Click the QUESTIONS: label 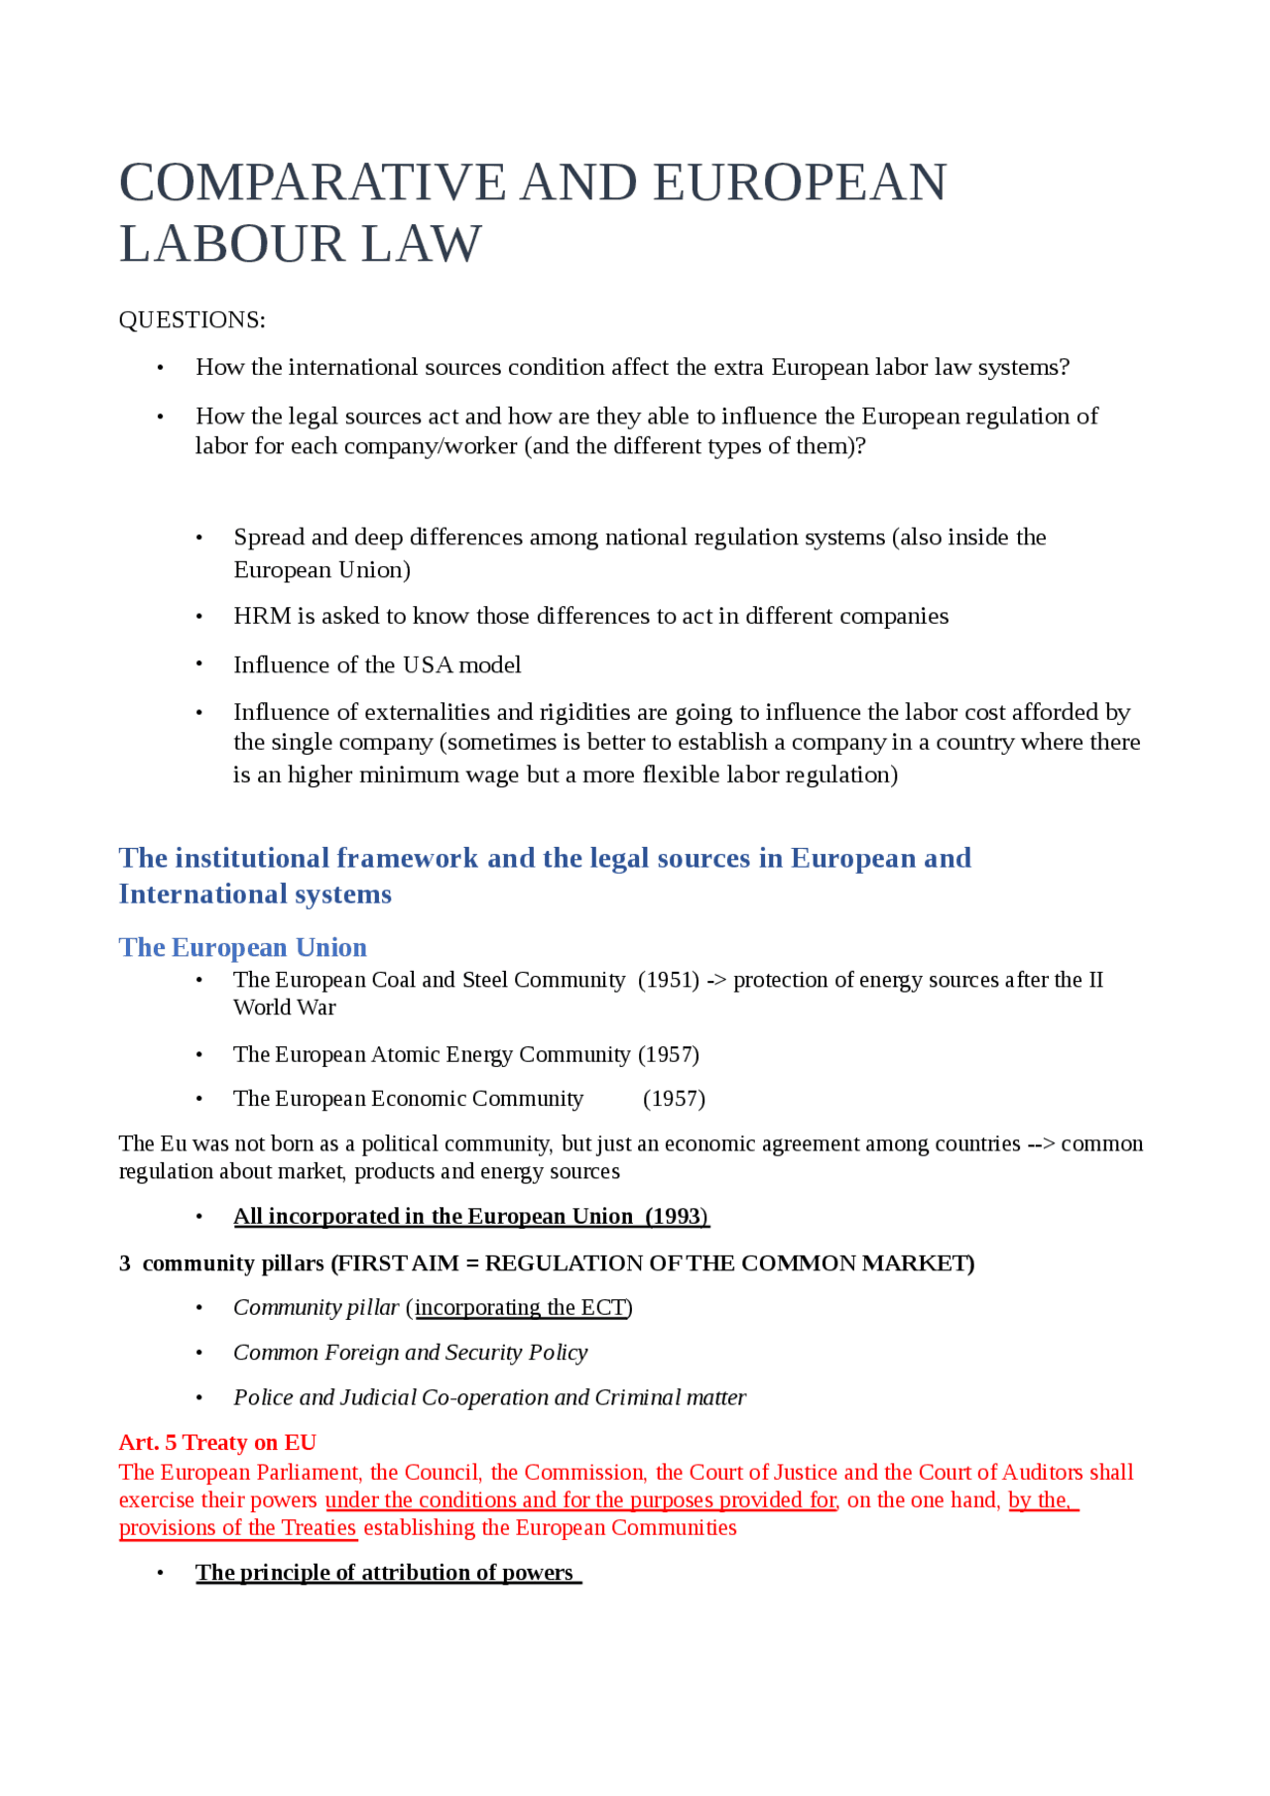point(191,320)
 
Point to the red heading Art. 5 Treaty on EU point(217,1442)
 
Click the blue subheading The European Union point(242,947)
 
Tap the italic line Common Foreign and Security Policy point(410,1353)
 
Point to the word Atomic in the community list point(405,1054)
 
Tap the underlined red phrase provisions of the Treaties point(237,1527)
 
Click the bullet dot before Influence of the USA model point(199,664)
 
